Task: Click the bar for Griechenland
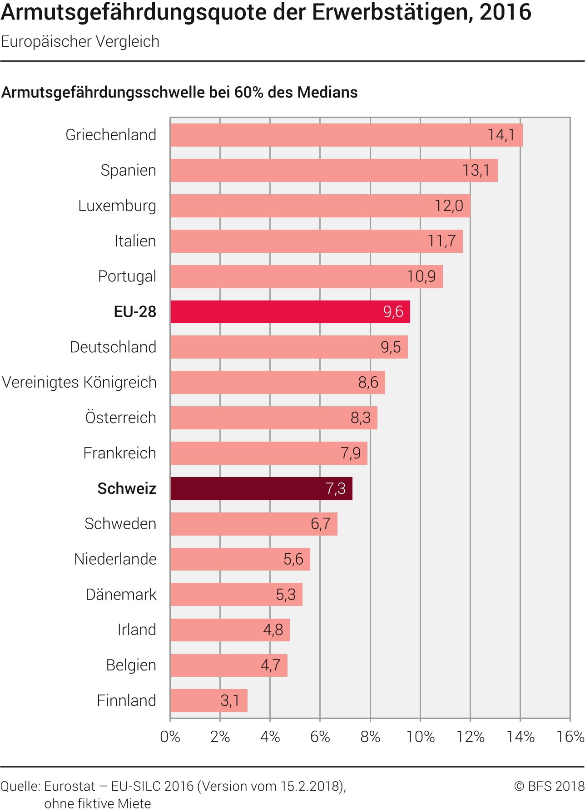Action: [x=346, y=135]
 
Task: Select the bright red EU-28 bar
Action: [x=290, y=312]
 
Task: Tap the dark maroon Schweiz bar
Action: [x=261, y=488]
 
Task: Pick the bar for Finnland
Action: [x=208, y=700]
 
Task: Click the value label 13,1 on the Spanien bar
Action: [x=476, y=170]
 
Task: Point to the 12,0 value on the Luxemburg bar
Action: [x=449, y=206]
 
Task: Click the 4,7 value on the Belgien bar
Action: [x=270, y=665]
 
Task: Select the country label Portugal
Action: [x=127, y=276]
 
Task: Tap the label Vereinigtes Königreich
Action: [x=79, y=382]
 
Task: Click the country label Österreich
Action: [x=121, y=418]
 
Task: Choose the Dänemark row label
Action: [x=121, y=594]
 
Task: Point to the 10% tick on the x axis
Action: [x=420, y=736]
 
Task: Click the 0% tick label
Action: [x=170, y=736]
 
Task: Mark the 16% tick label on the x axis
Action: [x=570, y=736]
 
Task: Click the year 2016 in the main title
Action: [x=505, y=12]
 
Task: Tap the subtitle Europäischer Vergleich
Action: [x=80, y=41]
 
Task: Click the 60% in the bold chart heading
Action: [x=249, y=92]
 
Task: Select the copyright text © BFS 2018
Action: [x=549, y=786]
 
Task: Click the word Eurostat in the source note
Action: [x=70, y=786]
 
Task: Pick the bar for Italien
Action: [x=316, y=241]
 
